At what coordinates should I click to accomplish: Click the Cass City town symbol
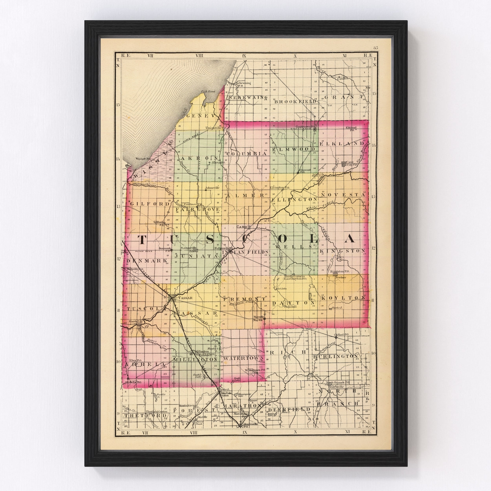pyautogui.click(x=344, y=164)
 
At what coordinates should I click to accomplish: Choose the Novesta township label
pyautogui.click(x=343, y=195)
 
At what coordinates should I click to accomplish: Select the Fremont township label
pyautogui.click(x=244, y=299)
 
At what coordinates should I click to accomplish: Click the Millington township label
pyautogui.click(x=195, y=360)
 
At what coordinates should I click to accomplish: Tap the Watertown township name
pyautogui.click(x=244, y=358)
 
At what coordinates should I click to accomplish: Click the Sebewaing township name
pyautogui.click(x=248, y=98)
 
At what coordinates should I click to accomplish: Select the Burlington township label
pyautogui.click(x=336, y=356)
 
